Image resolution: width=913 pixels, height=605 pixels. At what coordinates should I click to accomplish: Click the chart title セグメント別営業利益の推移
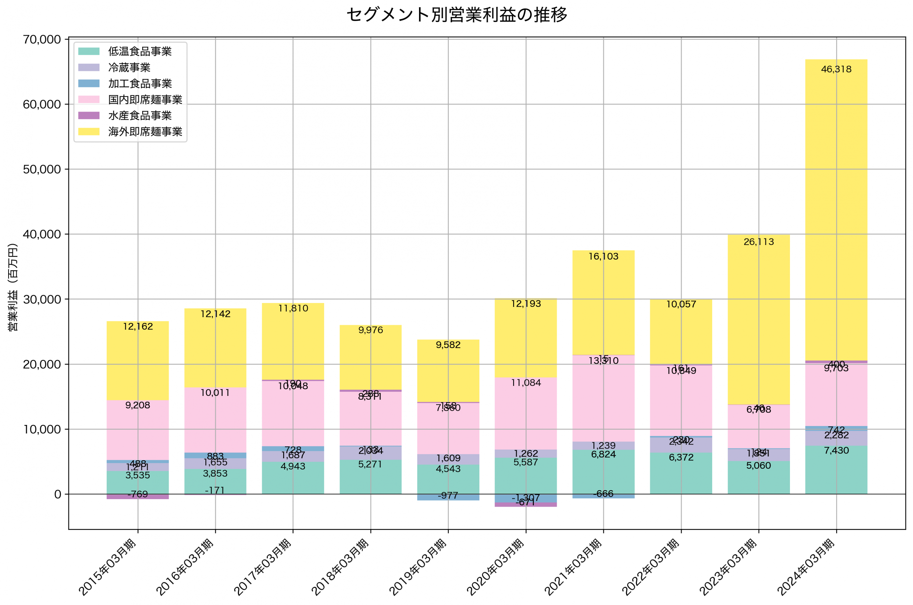tap(456, 15)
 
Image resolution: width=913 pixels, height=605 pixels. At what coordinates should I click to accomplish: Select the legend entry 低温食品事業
tap(140, 51)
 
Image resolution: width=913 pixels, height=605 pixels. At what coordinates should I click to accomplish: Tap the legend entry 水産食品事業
tap(140, 116)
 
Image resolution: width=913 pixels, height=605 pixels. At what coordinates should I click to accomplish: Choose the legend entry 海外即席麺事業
tap(145, 132)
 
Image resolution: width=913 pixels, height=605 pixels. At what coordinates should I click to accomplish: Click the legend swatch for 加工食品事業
tap(89, 83)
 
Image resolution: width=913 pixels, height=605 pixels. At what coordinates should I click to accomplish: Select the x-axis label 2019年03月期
tap(418, 567)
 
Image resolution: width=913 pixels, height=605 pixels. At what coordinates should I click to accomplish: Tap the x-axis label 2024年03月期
tap(806, 567)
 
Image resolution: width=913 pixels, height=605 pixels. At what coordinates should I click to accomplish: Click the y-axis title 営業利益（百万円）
tap(13, 287)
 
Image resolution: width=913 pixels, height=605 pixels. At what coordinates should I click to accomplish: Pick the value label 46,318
tap(836, 70)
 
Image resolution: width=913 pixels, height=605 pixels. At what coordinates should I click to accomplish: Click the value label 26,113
tap(758, 242)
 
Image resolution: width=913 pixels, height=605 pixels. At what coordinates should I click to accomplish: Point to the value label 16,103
tap(603, 257)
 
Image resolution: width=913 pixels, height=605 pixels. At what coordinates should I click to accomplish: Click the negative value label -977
tap(448, 496)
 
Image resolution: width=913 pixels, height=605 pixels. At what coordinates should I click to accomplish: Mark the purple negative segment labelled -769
tap(138, 497)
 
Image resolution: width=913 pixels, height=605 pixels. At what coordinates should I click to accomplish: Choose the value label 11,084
tap(526, 383)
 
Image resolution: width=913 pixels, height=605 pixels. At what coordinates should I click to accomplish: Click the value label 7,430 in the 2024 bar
tap(836, 451)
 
